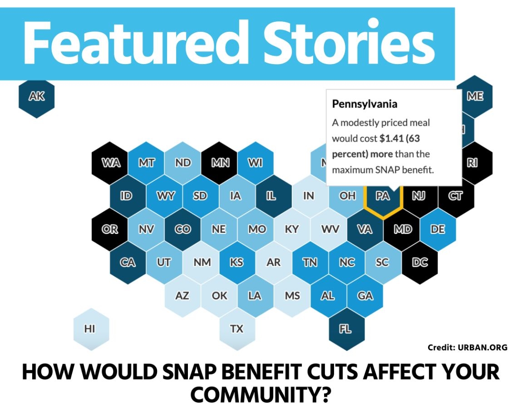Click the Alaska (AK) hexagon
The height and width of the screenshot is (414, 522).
coord(36,97)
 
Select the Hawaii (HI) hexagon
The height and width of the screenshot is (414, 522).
coord(91,329)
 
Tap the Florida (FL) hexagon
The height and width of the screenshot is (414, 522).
coord(346,329)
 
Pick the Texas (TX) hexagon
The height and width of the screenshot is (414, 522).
coord(237,329)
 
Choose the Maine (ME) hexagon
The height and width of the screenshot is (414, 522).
coord(475,96)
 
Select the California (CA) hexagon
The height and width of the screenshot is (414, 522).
coord(128,263)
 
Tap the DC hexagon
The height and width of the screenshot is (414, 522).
coord(420,263)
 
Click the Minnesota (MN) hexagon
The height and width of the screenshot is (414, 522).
coord(220,163)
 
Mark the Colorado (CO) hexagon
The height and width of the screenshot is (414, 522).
coord(182,229)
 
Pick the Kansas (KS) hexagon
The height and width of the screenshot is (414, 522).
coord(237,263)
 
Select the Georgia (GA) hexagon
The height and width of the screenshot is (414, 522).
coord(365,296)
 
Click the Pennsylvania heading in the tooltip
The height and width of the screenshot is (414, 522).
coord(364,104)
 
